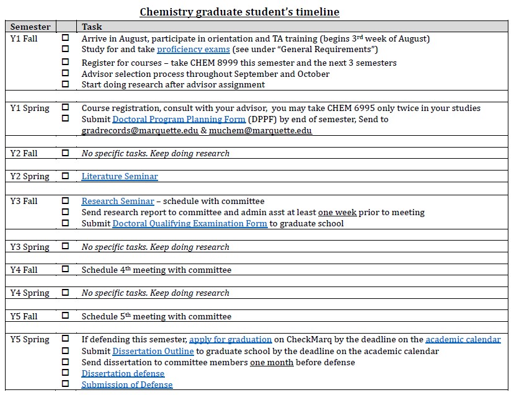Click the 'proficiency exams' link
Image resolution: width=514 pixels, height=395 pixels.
pos(193,50)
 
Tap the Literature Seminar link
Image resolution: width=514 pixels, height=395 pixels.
pos(120,177)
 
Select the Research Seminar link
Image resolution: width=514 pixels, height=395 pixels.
pos(118,201)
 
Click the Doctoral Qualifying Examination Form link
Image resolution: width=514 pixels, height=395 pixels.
pos(190,223)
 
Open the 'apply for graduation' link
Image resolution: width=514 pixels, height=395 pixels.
pos(230,339)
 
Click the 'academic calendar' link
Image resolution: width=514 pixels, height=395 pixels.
pos(463,339)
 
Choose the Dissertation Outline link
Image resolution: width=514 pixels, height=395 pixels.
pos(153,351)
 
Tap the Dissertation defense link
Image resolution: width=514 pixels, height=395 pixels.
pos(123,373)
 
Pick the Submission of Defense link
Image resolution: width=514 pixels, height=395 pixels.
pos(127,384)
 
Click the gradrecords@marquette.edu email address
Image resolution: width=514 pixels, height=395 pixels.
pos(140,131)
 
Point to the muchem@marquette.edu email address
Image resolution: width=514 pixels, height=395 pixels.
pos(260,131)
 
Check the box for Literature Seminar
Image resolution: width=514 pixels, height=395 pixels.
pos(66,176)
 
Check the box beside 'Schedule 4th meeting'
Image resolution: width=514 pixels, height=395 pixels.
pos(66,269)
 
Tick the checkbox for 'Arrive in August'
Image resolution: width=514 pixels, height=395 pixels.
pos(66,38)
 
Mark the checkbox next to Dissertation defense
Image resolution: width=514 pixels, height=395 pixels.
pos(66,373)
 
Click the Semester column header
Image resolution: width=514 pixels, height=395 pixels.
pos(30,27)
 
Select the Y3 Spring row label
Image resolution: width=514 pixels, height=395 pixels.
pos(30,247)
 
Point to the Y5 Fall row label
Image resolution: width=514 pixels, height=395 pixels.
pos(24,316)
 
